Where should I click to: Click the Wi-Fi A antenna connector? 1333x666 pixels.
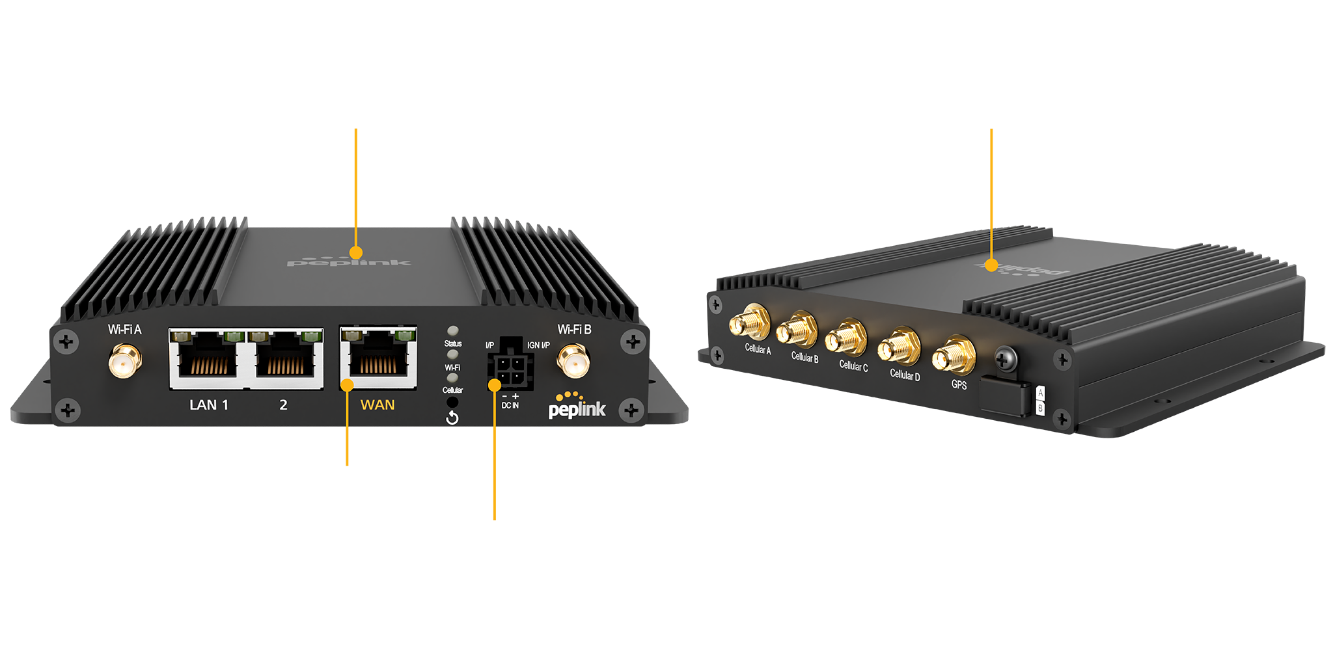point(125,362)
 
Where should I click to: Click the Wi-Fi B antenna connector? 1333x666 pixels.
point(573,362)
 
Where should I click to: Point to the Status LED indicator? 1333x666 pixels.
point(453,331)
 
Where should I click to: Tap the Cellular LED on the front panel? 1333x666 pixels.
point(453,378)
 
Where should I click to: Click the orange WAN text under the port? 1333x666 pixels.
point(378,405)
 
